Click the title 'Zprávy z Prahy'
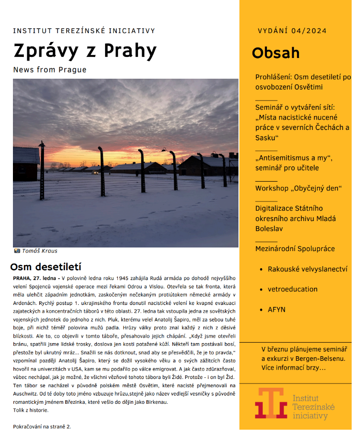coord(85,51)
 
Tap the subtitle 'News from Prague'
coord(50,70)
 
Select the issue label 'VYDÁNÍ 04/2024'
coord(292,31)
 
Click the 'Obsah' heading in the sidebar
coord(275,53)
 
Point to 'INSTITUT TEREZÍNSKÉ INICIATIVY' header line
coord(84,31)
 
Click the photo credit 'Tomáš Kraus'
coord(39,251)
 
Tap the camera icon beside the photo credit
coord(17,251)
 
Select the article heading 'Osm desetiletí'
coord(46,267)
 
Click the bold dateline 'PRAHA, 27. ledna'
coord(34,278)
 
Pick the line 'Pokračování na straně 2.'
coord(42,427)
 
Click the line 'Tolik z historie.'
coord(31,410)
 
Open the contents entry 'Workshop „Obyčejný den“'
coord(298,188)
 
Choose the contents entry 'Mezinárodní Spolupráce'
coord(295,249)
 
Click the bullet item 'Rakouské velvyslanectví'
coord(307,269)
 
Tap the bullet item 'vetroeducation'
coord(293,289)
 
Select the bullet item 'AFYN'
coord(276,310)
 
